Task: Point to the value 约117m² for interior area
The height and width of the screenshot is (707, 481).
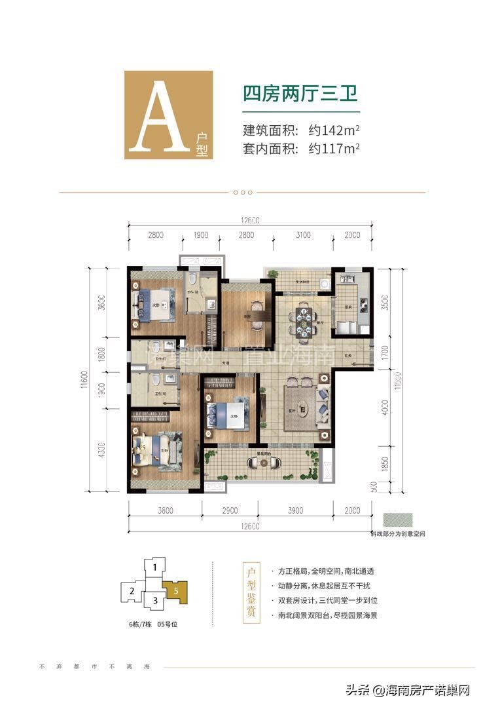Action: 334,149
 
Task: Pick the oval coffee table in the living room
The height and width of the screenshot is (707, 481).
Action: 303,410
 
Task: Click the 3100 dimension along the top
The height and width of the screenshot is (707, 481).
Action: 302,235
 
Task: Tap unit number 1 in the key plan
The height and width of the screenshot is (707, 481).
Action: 154,567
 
